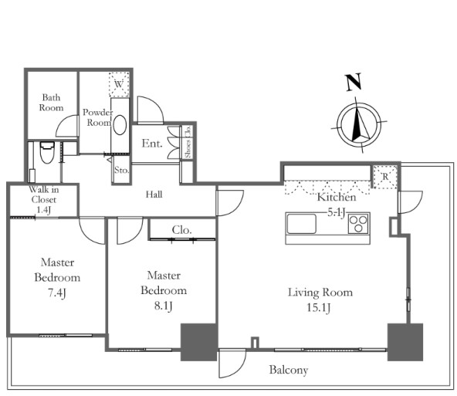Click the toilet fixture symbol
pos(47,152)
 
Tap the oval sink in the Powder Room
pos(120,125)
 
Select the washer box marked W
pos(119,84)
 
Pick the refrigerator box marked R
pos(385,176)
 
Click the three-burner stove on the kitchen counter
pos(358,224)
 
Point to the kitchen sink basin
pos(301,224)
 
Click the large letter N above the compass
pos(354,82)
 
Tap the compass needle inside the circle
pos(360,124)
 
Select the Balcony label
pos(289,370)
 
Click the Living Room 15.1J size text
pos(318,308)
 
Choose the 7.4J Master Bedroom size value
pos(57,293)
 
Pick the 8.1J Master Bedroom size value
pos(163,306)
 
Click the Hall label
pos(154,195)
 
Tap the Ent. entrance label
pos(152,144)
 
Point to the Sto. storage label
pos(121,170)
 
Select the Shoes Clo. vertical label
pos(188,141)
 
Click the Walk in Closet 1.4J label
pos(44,200)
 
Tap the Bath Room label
pos(51,103)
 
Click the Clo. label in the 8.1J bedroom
pos(181,230)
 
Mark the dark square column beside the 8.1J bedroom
pos(199,342)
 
